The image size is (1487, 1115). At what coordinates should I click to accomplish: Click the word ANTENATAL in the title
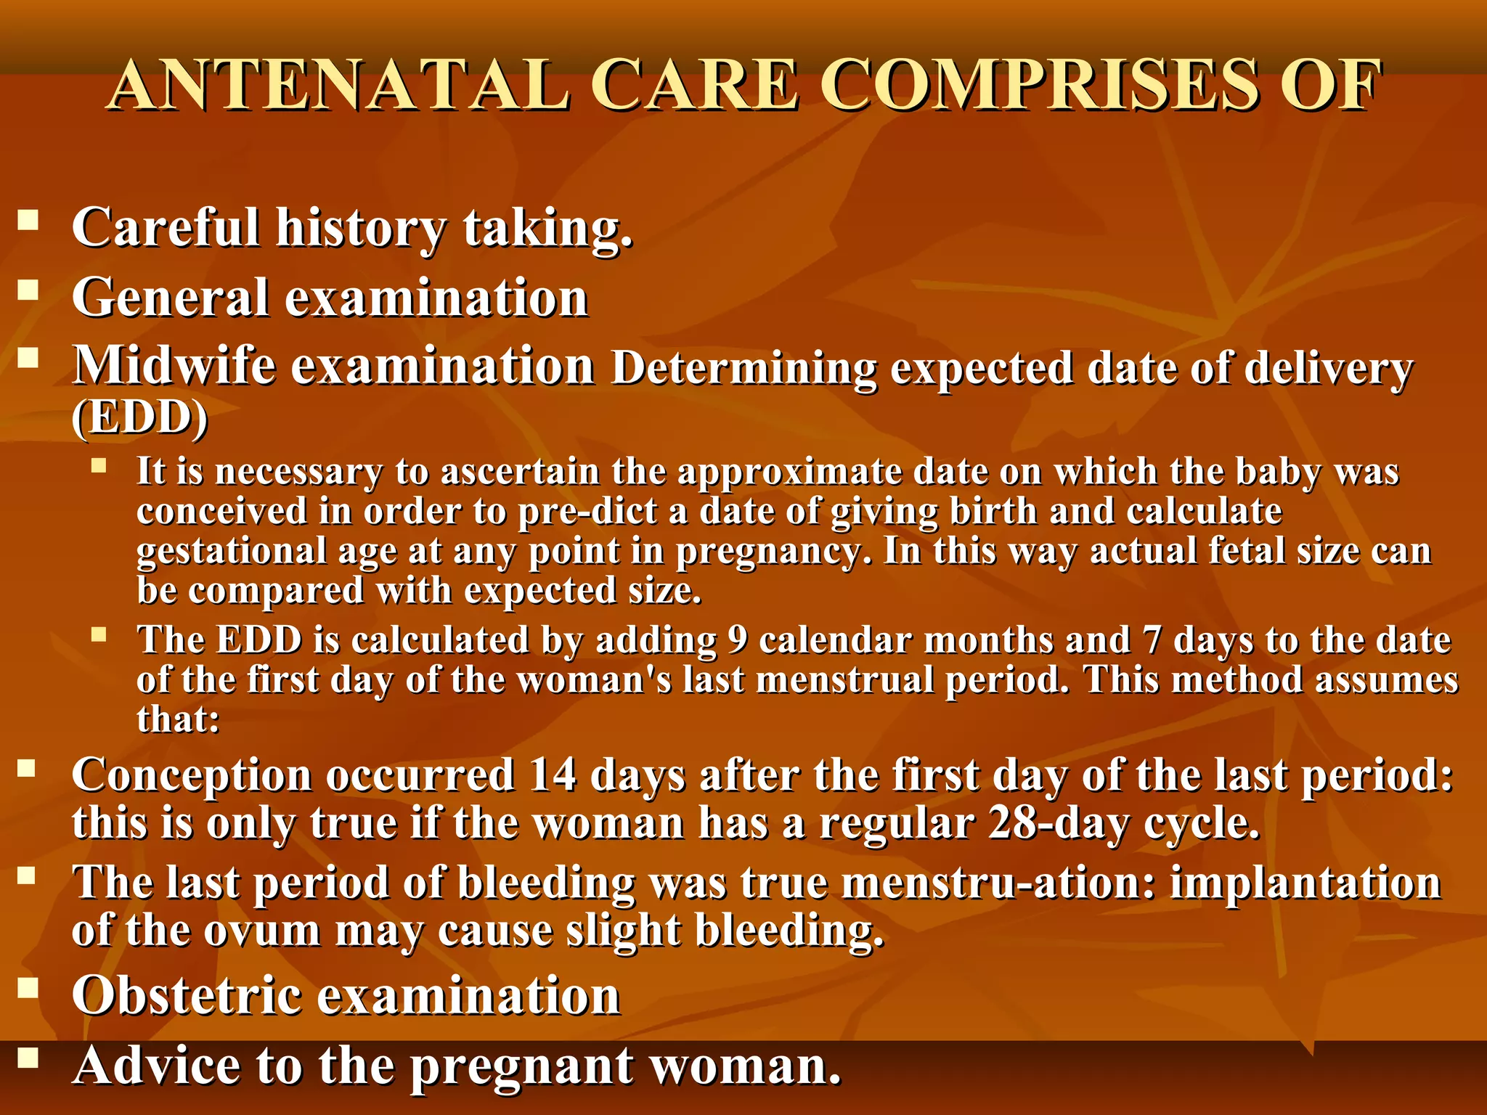click(339, 86)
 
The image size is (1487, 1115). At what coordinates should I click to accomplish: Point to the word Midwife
click(174, 365)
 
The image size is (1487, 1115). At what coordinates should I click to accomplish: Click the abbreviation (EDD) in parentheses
click(139, 417)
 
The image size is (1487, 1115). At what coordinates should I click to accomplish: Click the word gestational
click(231, 551)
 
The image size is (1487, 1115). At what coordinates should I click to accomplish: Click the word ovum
click(261, 931)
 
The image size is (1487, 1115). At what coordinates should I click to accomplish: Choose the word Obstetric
click(187, 995)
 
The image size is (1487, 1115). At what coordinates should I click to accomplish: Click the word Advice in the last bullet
click(156, 1066)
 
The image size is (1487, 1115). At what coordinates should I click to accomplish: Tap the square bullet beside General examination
click(28, 290)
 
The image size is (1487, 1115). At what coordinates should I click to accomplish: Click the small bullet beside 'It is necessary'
click(99, 465)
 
